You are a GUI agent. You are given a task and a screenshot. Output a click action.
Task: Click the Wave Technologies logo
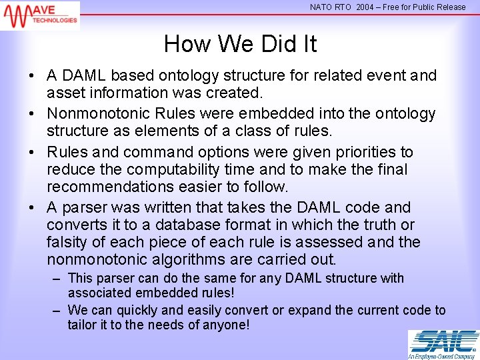click(40, 15)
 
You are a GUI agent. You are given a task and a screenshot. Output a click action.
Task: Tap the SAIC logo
click(443, 341)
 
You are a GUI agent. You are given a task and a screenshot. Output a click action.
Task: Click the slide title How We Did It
click(240, 44)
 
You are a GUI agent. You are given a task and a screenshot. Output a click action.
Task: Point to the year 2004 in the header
click(365, 7)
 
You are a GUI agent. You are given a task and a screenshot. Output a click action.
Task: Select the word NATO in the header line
click(322, 7)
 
